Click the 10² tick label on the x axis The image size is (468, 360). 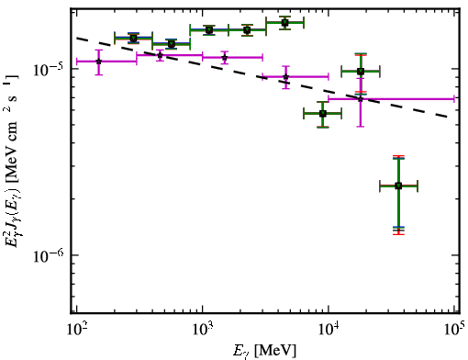[78, 331]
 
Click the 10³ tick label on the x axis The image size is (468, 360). [204, 331]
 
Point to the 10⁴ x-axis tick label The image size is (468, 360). [329, 331]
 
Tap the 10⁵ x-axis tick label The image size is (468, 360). [454, 331]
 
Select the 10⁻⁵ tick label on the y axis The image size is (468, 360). [46, 70]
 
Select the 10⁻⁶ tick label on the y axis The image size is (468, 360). [46, 255]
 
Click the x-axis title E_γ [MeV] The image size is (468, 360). [264, 350]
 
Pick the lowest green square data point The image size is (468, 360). [398, 186]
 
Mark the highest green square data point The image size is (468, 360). [285, 22]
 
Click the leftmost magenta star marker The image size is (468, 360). [98, 62]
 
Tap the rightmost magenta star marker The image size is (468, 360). [361, 99]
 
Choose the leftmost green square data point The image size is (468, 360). [133, 39]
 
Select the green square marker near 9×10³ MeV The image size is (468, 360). [323, 114]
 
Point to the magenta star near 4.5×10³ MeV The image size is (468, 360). [285, 76]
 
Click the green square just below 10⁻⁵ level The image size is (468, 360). [361, 72]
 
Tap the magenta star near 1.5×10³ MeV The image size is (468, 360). [225, 57]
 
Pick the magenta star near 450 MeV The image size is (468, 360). [160, 55]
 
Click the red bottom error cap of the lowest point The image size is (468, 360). [398, 234]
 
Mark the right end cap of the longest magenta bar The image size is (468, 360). [454, 99]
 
